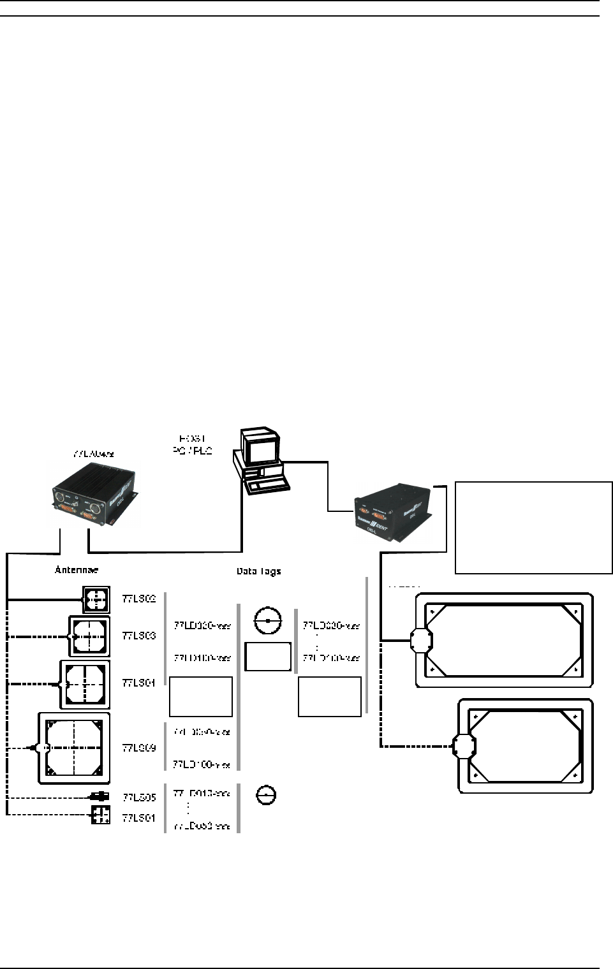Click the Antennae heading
pyautogui.click(x=76, y=569)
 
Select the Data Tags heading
pyautogui.click(x=258, y=572)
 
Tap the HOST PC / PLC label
pyautogui.click(x=196, y=444)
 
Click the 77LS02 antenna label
pyautogui.click(x=139, y=599)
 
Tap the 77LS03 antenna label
pyautogui.click(x=139, y=636)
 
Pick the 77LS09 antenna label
pyautogui.click(x=139, y=747)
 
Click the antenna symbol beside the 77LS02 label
pyautogui.click(x=96, y=600)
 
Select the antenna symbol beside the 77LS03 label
pyautogui.click(x=89, y=636)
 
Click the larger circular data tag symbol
pyautogui.click(x=268, y=620)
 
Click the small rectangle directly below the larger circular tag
pyautogui.click(x=268, y=657)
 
